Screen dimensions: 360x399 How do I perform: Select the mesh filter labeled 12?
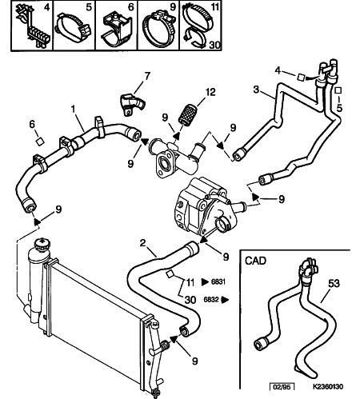click(188, 114)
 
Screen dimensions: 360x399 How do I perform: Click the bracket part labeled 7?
click(132, 104)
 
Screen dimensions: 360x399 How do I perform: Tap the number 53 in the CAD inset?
click(334, 283)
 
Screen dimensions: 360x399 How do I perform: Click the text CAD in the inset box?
click(255, 261)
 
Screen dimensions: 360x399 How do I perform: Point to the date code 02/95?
click(282, 386)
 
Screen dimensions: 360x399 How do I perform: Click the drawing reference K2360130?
click(328, 386)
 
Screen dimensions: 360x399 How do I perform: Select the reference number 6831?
click(218, 281)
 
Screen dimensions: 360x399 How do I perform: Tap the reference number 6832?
click(210, 299)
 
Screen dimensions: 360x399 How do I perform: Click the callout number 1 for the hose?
click(73, 109)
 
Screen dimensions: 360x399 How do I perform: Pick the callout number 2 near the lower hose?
click(143, 243)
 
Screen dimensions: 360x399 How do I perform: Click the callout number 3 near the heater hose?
click(256, 90)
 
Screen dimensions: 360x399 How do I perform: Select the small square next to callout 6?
click(40, 141)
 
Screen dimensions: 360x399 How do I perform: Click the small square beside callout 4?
click(302, 77)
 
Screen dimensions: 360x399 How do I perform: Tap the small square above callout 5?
click(338, 90)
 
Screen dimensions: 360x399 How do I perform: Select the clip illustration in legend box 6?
click(116, 30)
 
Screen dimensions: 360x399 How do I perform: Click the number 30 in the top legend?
click(214, 45)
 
